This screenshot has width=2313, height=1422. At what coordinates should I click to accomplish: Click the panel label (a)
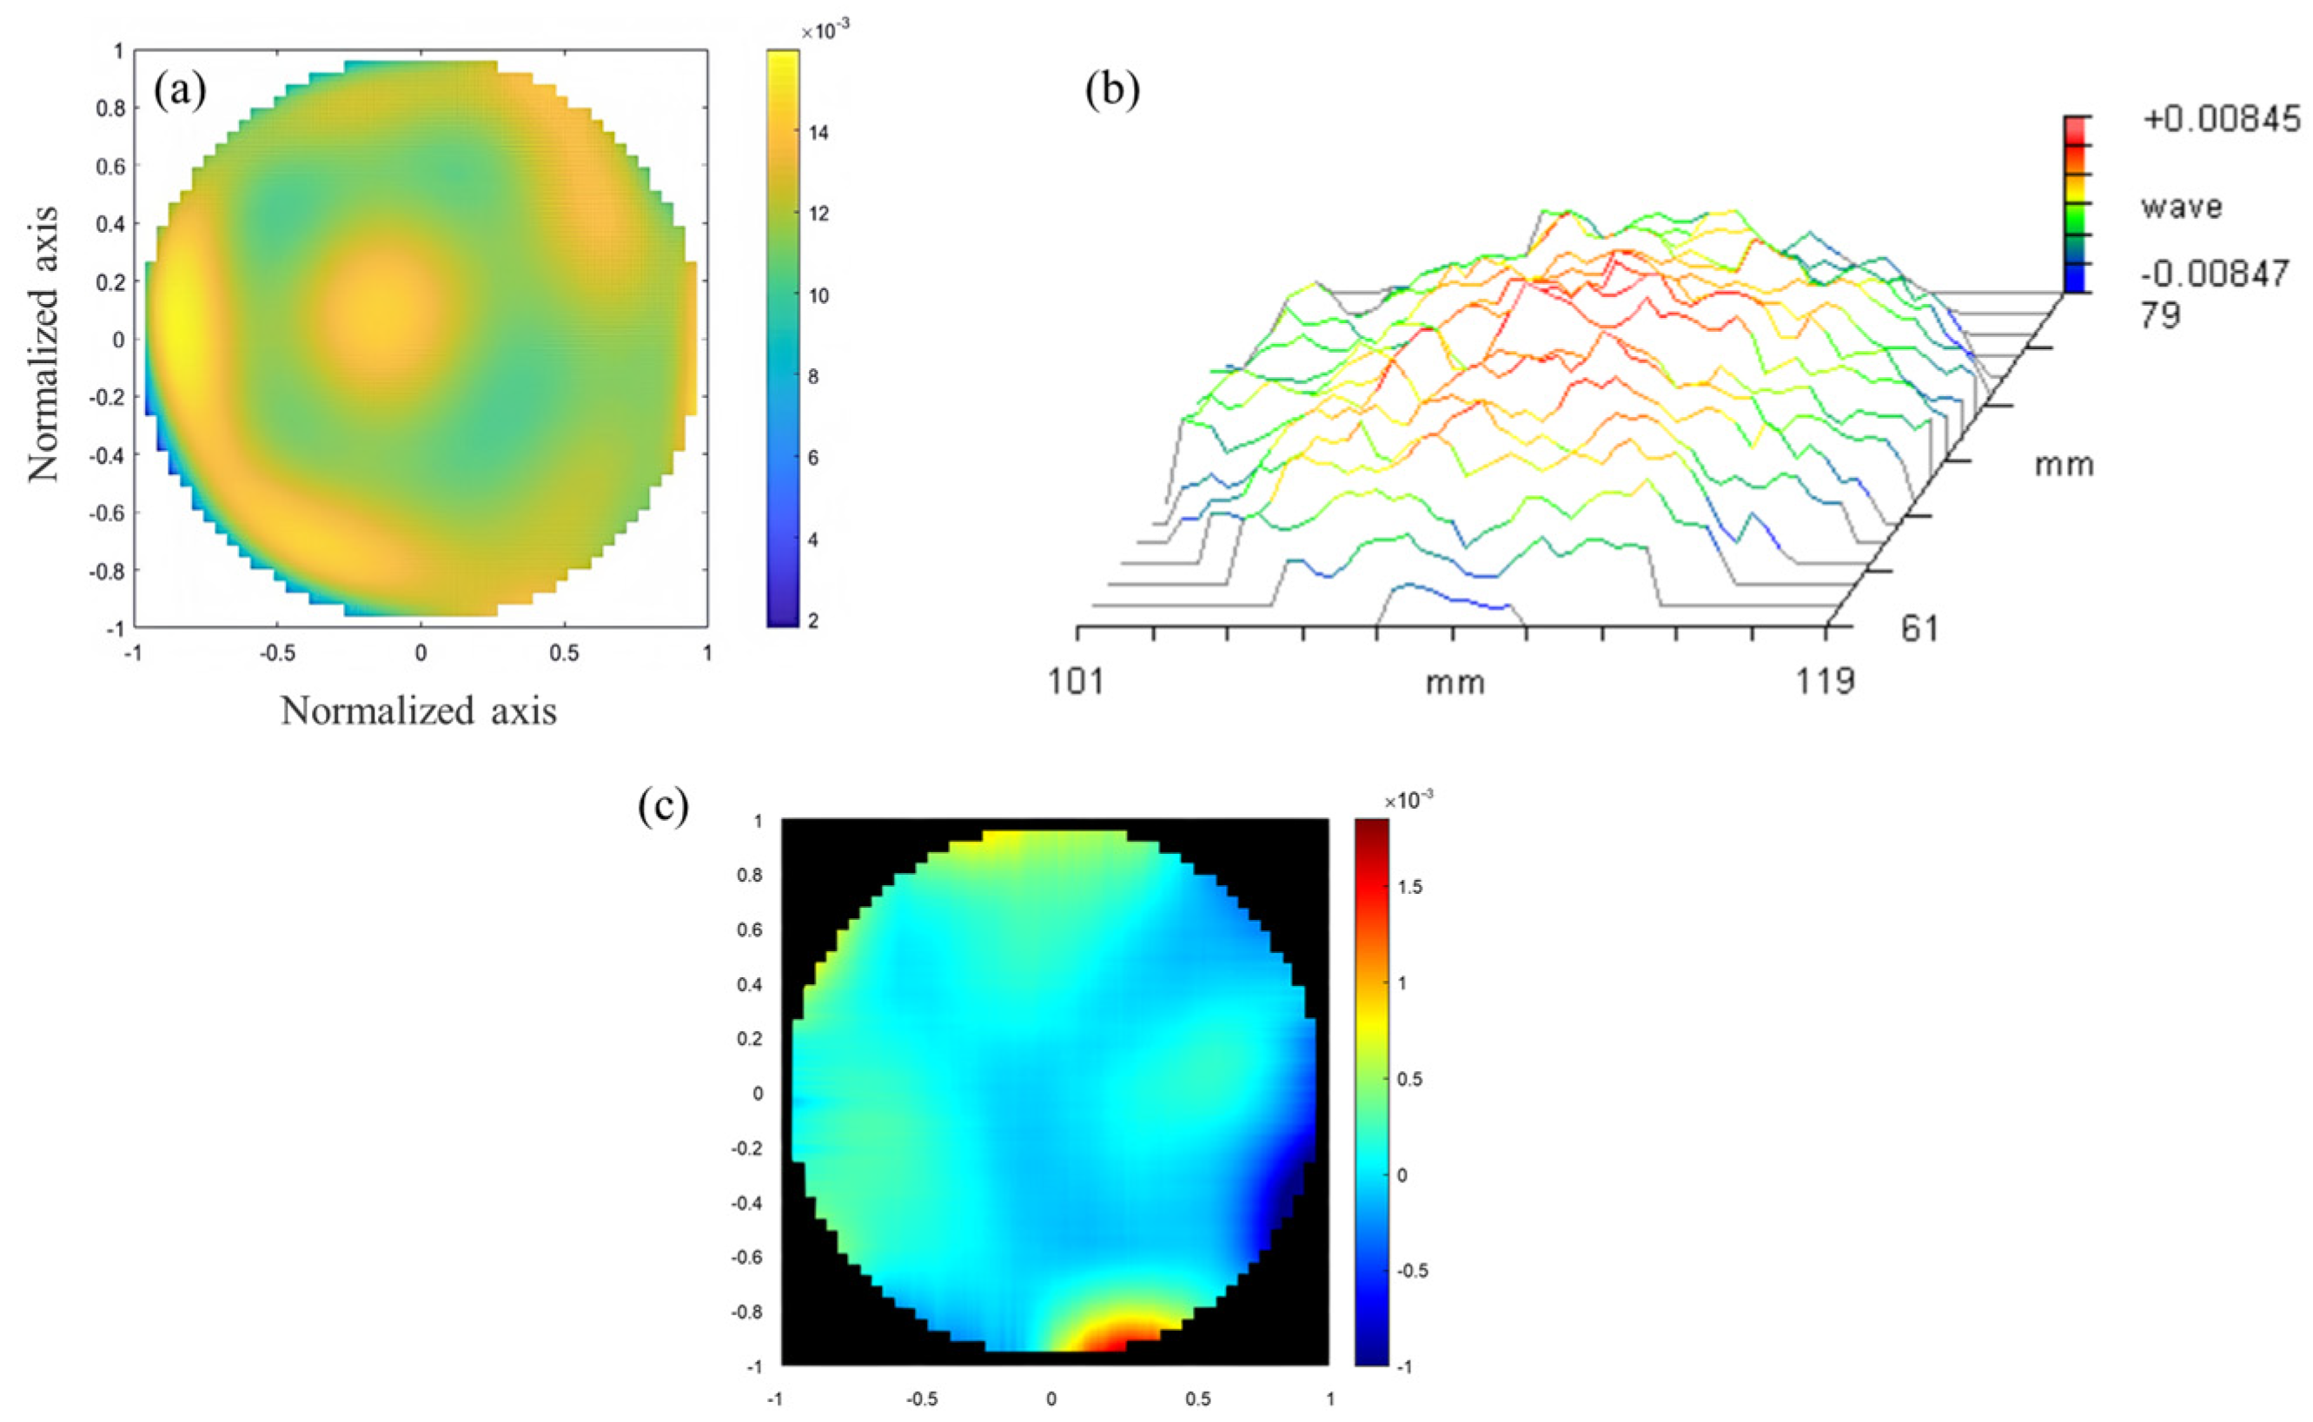tap(181, 92)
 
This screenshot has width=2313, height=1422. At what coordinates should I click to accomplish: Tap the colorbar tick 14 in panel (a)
tap(818, 133)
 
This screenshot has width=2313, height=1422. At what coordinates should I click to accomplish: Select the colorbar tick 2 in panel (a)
tap(812, 621)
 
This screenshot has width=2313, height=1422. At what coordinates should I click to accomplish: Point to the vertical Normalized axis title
tap(43, 344)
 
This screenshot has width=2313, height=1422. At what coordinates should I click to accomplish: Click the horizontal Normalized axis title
tap(419, 711)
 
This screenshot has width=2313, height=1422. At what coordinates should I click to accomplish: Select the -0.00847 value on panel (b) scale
tap(2214, 274)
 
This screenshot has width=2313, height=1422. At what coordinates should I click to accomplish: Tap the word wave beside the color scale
tap(2181, 206)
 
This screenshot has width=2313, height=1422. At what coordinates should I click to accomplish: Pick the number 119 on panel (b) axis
tap(1825, 680)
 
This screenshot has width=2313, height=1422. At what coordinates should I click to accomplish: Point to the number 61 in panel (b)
tap(1919, 628)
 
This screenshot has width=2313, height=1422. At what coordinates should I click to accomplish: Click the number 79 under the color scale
tap(2161, 314)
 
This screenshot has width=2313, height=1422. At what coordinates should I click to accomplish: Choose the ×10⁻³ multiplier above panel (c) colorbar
tap(1408, 800)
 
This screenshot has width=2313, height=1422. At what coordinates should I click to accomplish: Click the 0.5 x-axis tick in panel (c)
tap(1198, 1399)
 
